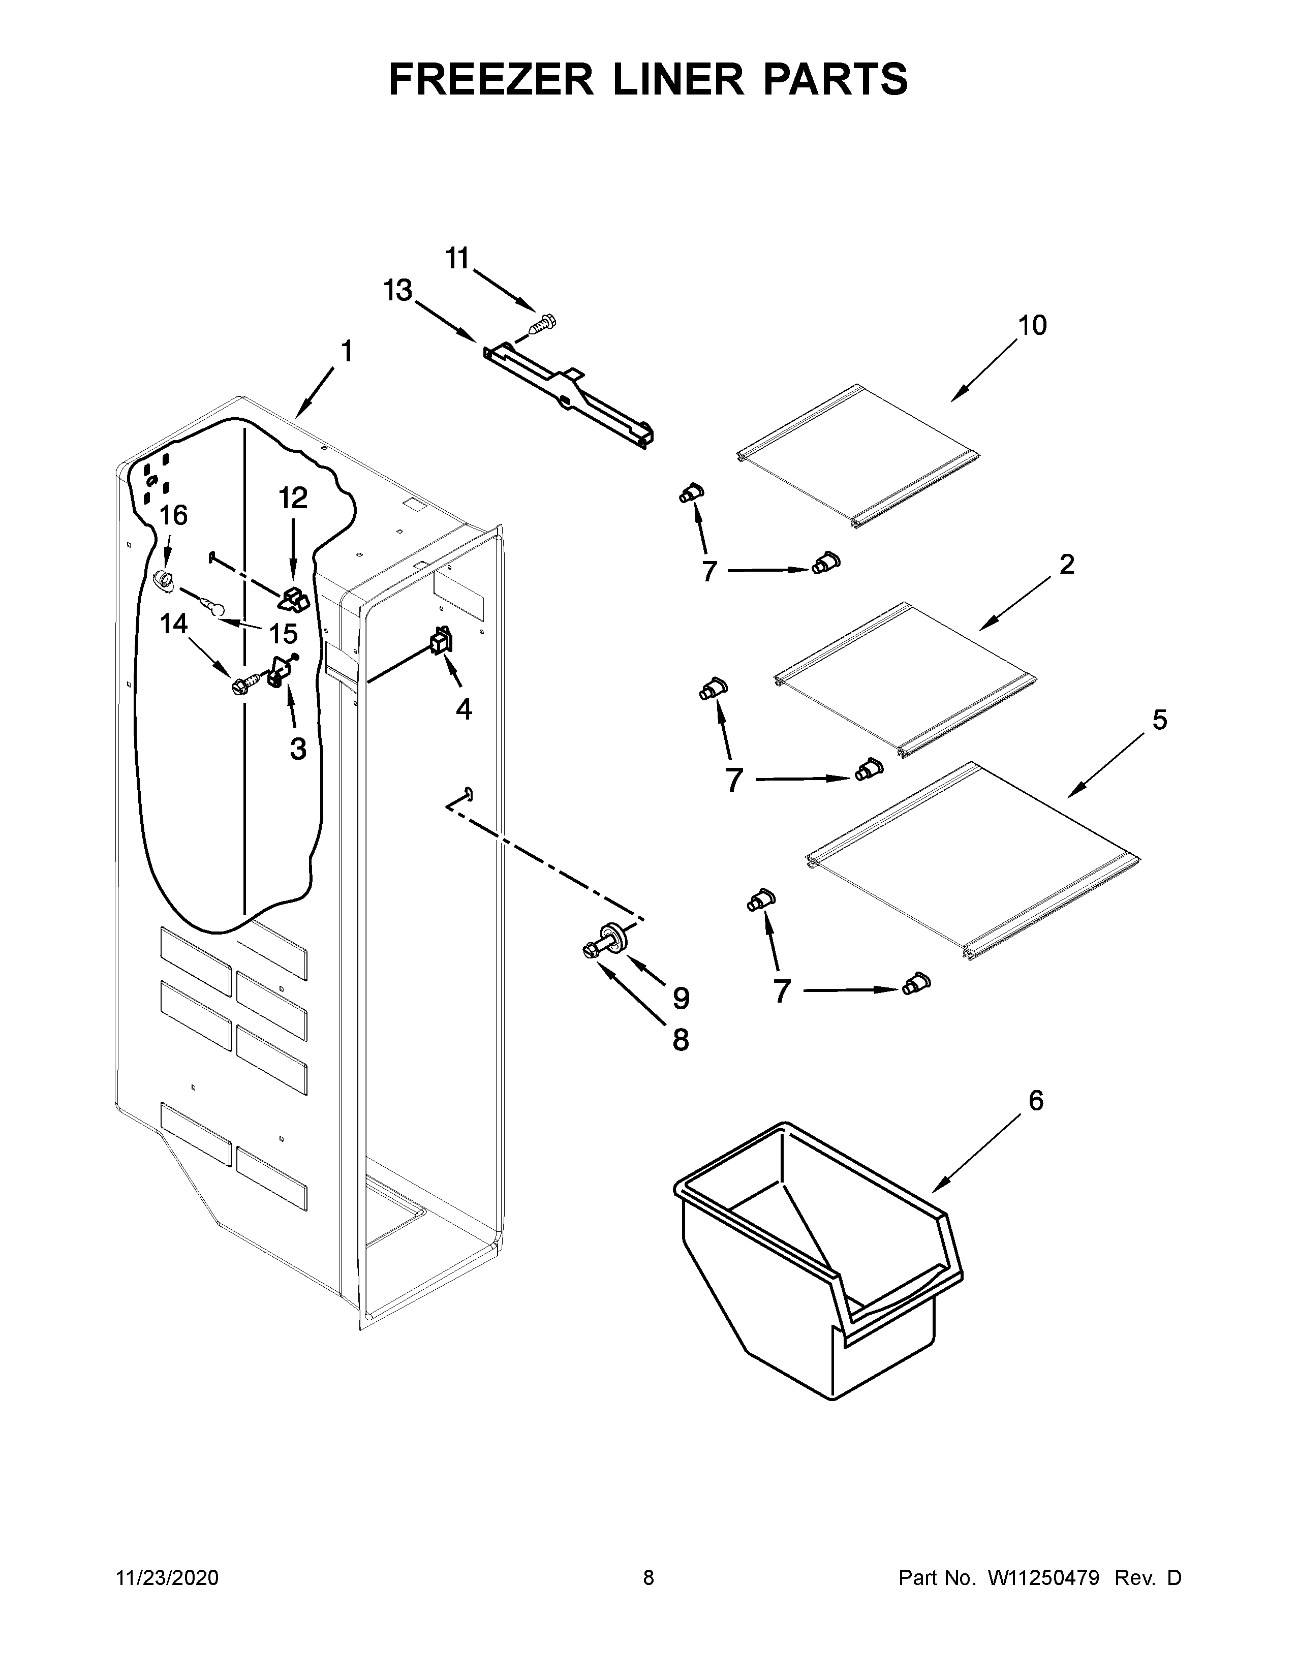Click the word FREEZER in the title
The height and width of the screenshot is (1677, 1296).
pyautogui.click(x=491, y=79)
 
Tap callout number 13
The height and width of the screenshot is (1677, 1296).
pyautogui.click(x=398, y=291)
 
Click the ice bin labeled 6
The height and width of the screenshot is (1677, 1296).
pyautogui.click(x=814, y=1259)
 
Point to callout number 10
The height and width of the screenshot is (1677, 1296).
pyautogui.click(x=1033, y=326)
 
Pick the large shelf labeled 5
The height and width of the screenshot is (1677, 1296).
pyautogui.click(x=971, y=860)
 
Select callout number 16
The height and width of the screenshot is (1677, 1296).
pyautogui.click(x=173, y=515)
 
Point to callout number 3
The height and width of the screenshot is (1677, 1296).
pyautogui.click(x=298, y=748)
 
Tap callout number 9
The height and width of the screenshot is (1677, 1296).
pyautogui.click(x=680, y=998)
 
